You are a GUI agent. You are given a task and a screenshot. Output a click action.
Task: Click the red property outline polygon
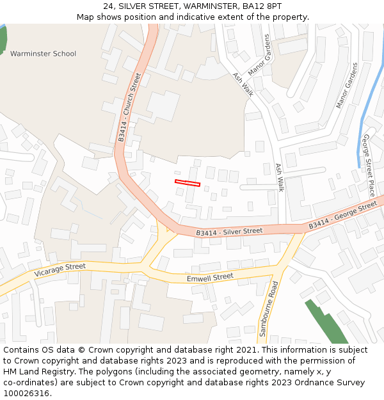[x=188, y=184]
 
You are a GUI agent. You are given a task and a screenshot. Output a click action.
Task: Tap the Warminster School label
[x=43, y=54]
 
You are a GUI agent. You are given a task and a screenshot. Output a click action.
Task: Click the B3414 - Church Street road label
[x=129, y=107]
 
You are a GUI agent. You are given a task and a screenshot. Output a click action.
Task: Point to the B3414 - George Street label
[x=343, y=216]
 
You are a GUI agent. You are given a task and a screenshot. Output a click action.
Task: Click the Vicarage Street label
[x=60, y=270]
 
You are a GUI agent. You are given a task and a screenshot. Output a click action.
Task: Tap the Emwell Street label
[x=210, y=278]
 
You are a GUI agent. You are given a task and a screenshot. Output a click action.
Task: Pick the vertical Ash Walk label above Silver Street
[x=280, y=177]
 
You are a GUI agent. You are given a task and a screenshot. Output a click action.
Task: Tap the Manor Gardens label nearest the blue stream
[x=348, y=85]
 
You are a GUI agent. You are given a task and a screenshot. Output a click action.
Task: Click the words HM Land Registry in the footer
[x=38, y=371]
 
